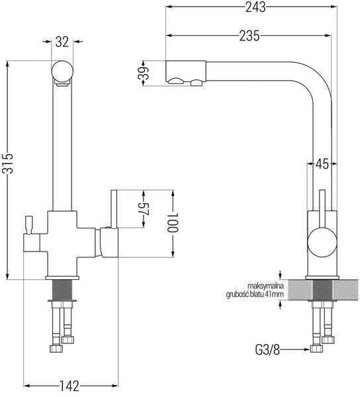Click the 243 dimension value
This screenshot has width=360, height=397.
click(x=255, y=7)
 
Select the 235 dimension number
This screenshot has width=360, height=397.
click(x=249, y=36)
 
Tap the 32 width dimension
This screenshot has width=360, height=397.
click(x=62, y=42)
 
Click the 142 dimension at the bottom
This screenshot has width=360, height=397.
click(x=69, y=386)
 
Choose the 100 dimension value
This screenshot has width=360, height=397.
click(x=173, y=222)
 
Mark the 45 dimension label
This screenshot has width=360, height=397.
click(x=322, y=164)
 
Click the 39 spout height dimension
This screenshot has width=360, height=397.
click(x=144, y=73)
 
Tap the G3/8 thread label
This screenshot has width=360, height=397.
click(x=267, y=351)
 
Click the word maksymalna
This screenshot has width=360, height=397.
click(x=265, y=286)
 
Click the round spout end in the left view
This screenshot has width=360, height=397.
click(x=62, y=70)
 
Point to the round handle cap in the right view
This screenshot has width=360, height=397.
click(x=322, y=242)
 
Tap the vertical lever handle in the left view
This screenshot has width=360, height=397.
click(x=114, y=209)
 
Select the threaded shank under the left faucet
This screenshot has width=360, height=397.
click(x=62, y=290)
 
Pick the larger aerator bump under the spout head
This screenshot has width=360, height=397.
click(x=176, y=81)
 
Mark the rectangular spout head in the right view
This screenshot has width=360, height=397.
click(x=185, y=71)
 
